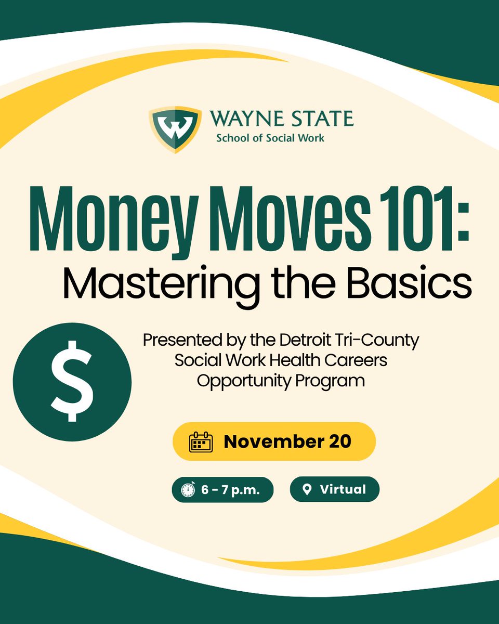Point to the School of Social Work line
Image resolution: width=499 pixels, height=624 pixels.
click(x=270, y=138)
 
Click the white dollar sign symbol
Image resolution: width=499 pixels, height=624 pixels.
click(x=72, y=381)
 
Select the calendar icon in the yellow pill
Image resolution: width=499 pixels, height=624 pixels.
click(x=201, y=441)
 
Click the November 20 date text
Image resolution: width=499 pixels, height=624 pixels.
click(x=287, y=441)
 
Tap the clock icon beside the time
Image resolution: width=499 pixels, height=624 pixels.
click(x=188, y=490)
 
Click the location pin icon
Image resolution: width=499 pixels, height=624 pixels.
click(x=307, y=489)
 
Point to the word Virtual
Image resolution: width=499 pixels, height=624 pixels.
click(x=343, y=489)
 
